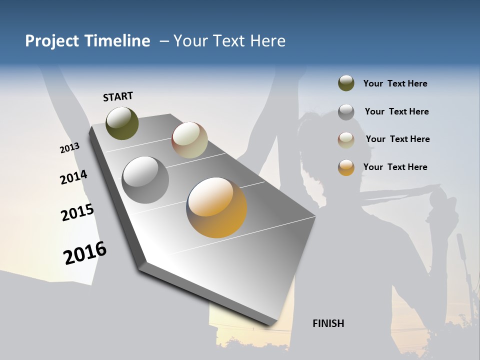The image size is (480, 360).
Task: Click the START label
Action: coord(118,96)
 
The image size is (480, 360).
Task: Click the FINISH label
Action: coord(328,323)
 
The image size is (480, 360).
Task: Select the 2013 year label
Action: coord(69,148)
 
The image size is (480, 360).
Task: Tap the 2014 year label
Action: coord(73,177)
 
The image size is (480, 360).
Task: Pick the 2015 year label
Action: coord(77,212)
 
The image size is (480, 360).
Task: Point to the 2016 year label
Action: coord(85,253)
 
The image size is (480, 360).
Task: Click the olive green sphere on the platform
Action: coord(122,123)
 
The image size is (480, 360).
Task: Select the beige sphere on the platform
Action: coord(189,140)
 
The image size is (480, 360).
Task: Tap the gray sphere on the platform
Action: coord(145,180)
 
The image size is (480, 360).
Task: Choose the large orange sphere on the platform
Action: coord(216,207)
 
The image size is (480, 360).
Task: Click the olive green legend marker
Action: coord(346,83)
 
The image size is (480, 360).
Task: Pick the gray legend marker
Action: coord(346,112)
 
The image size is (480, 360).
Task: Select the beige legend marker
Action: coord(346,140)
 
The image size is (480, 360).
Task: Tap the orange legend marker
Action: coord(346,167)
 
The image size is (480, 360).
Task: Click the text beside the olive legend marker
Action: coord(395,83)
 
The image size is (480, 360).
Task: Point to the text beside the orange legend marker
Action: coord(395,167)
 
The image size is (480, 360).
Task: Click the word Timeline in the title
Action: coord(117,41)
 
